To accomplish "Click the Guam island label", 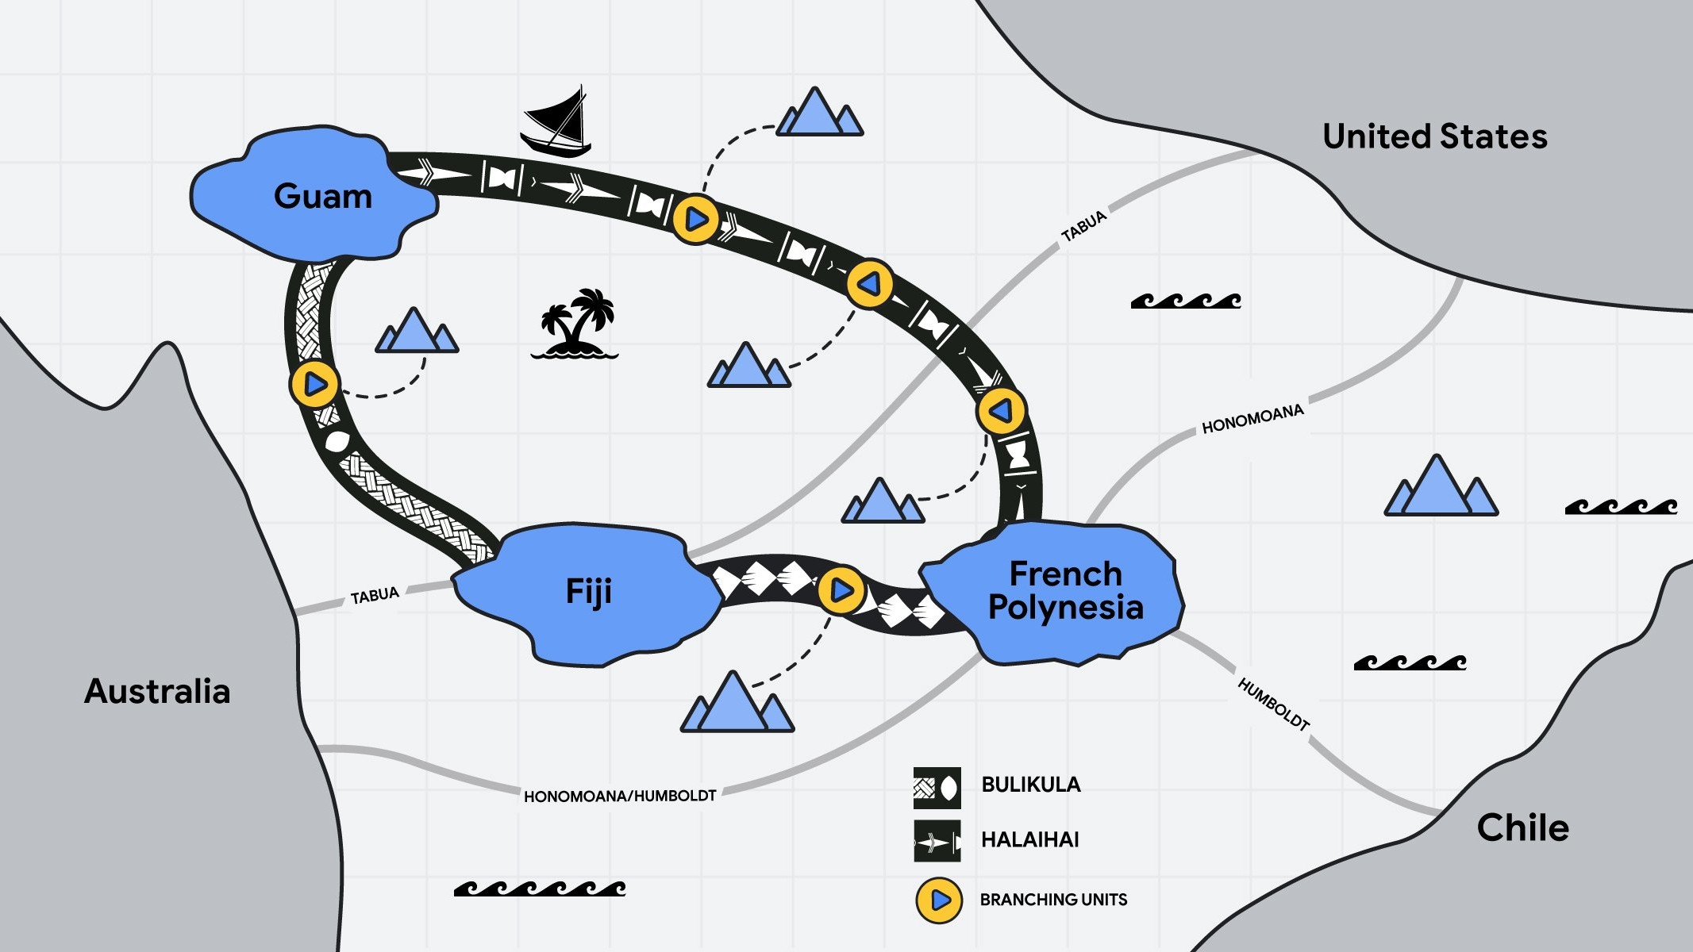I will pyautogui.click(x=323, y=196).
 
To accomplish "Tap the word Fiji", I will pyautogui.click(x=588, y=592).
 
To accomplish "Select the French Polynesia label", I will pyautogui.click(x=1065, y=590).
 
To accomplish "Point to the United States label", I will pyautogui.click(x=1435, y=136).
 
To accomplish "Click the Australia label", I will pyautogui.click(x=157, y=691).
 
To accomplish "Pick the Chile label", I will pyautogui.click(x=1522, y=827).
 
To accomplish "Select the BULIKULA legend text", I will pyautogui.click(x=1030, y=785).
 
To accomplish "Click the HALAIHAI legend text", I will pyautogui.click(x=1029, y=839).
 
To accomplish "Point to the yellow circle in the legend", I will pyautogui.click(x=939, y=900).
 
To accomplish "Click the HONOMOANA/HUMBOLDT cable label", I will pyautogui.click(x=620, y=796).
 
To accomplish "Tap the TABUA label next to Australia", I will pyautogui.click(x=375, y=596).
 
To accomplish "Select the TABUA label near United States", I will pyautogui.click(x=1083, y=226).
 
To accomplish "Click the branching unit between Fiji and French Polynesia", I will pyautogui.click(x=841, y=590).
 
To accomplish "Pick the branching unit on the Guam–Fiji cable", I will pyautogui.click(x=315, y=384).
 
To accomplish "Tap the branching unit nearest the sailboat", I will pyautogui.click(x=696, y=218).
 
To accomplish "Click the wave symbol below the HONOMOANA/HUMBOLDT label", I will pyautogui.click(x=540, y=889).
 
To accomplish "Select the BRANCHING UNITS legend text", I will pyautogui.click(x=1053, y=900).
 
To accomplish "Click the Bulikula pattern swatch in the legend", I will pyautogui.click(x=937, y=787).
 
